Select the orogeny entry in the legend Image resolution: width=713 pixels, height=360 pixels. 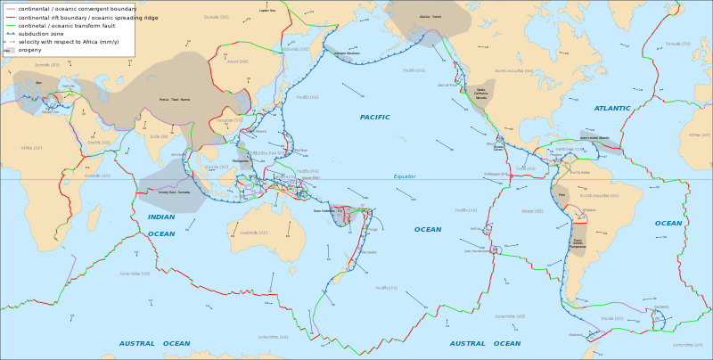pyautogui.click(x=30, y=50)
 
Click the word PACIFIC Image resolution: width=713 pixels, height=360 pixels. pyautogui.click(x=374, y=118)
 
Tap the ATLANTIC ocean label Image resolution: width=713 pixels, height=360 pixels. pyautogui.click(x=611, y=109)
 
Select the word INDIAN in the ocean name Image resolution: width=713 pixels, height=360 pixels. pyautogui.click(x=161, y=217)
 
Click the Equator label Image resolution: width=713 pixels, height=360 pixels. pyautogui.click(x=405, y=176)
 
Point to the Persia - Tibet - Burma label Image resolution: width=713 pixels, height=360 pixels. pyautogui.click(x=175, y=100)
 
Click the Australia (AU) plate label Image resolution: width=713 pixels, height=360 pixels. pyautogui.click(x=253, y=233)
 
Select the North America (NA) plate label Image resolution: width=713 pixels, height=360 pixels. pyautogui.click(x=513, y=70)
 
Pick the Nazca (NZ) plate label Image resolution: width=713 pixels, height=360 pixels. pyautogui.click(x=532, y=211)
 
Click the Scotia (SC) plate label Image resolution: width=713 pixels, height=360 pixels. pyautogui.click(x=612, y=318)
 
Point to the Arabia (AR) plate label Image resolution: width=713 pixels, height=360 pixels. pyautogui.click(x=99, y=143)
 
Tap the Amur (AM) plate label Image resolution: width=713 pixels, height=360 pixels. pyautogui.click(x=238, y=61)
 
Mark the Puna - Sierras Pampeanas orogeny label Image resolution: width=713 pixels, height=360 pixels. pyautogui.click(x=578, y=242)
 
